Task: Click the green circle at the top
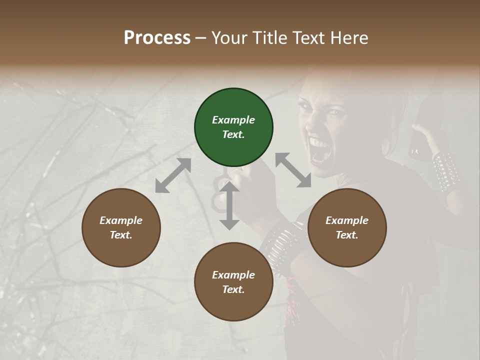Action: click(x=233, y=127)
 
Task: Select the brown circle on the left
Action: click(x=121, y=227)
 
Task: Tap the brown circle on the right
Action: click(x=347, y=227)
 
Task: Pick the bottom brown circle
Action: click(x=233, y=282)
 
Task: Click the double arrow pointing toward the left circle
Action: click(x=173, y=175)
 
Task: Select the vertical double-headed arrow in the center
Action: click(x=229, y=205)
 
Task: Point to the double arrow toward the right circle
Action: click(x=293, y=170)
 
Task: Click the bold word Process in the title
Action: click(x=157, y=37)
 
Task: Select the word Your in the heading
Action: click(x=227, y=37)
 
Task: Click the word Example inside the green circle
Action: click(x=233, y=120)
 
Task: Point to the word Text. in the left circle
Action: click(x=121, y=235)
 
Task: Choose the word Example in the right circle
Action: click(x=347, y=220)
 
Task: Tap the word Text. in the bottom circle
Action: click(x=233, y=289)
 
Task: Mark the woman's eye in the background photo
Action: click(x=334, y=112)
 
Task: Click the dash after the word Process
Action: click(x=201, y=38)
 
